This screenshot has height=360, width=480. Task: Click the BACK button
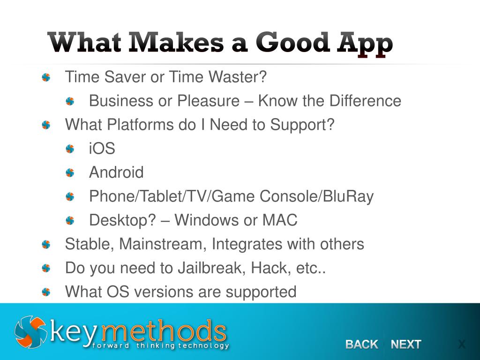point(361,345)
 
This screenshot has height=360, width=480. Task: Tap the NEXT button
point(406,345)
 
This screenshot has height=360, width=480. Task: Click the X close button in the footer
point(462,345)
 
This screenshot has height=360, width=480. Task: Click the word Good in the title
point(292,43)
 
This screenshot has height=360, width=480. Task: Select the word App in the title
point(365,44)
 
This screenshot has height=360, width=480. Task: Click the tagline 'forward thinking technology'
point(161,346)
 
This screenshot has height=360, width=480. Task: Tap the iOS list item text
point(102,149)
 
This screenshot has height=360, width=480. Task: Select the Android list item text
point(116,172)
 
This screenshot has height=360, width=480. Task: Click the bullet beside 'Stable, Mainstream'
point(46,244)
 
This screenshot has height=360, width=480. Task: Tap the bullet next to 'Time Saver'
point(46,77)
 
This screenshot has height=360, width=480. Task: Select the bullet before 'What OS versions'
point(46,292)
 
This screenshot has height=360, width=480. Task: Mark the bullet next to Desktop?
point(70,220)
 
